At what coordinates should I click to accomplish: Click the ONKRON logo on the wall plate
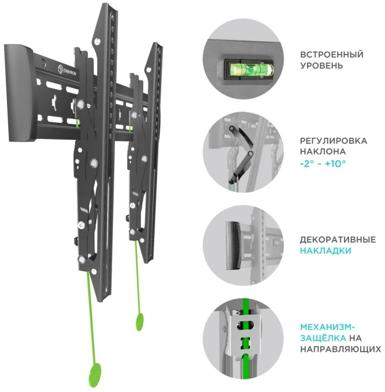(x=67, y=70)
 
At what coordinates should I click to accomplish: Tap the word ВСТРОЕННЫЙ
(x=332, y=55)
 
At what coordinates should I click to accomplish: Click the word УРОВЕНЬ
(x=321, y=66)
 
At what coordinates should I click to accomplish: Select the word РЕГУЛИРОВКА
(x=333, y=141)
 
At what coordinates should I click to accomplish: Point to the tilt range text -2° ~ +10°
(x=323, y=164)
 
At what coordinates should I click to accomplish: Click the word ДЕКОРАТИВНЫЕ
(x=338, y=240)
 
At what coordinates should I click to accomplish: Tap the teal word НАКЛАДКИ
(x=326, y=251)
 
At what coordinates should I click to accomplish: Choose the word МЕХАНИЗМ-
(x=328, y=327)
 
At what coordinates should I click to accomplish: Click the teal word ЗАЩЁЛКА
(x=323, y=338)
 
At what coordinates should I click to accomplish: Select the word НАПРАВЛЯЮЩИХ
(x=340, y=349)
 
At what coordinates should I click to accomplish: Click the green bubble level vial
(x=249, y=69)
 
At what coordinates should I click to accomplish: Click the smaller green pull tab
(x=140, y=322)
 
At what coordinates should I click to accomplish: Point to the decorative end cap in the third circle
(x=233, y=246)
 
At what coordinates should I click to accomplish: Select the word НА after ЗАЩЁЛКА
(x=355, y=338)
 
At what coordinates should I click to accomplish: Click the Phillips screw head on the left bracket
(x=81, y=225)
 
